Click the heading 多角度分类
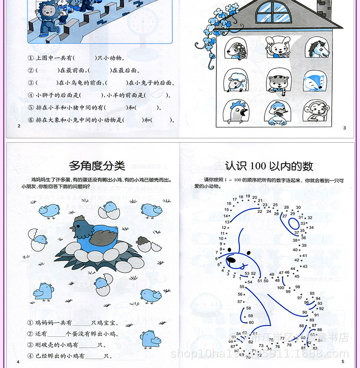(97, 166)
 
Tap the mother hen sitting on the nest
(95, 233)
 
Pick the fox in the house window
(315, 82)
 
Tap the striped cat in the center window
(277, 82)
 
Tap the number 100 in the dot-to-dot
(281, 287)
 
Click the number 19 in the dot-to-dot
(248, 196)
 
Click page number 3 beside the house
(344, 127)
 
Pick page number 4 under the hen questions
(18, 361)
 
